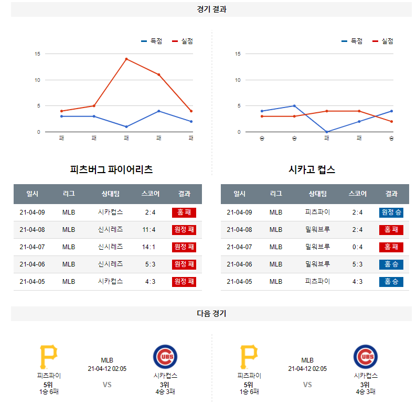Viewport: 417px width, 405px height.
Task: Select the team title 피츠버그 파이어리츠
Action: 111,169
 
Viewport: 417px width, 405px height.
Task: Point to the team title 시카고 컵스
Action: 312,169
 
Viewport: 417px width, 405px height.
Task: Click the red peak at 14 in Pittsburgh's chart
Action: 126,59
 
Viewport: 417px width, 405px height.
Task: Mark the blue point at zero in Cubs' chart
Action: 327,132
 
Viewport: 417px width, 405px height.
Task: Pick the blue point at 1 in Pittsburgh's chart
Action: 126,126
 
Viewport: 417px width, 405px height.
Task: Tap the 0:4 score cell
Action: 357,247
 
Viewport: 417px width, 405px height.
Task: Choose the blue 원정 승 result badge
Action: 391,212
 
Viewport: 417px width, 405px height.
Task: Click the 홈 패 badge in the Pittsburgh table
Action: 184,212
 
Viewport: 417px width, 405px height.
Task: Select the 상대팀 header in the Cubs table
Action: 317,194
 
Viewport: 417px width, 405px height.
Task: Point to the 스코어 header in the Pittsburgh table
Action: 150,194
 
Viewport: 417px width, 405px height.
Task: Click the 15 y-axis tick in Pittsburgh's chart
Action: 37,54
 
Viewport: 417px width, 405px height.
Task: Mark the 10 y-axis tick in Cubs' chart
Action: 238,80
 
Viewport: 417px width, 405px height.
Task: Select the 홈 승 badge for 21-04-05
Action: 391,281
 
